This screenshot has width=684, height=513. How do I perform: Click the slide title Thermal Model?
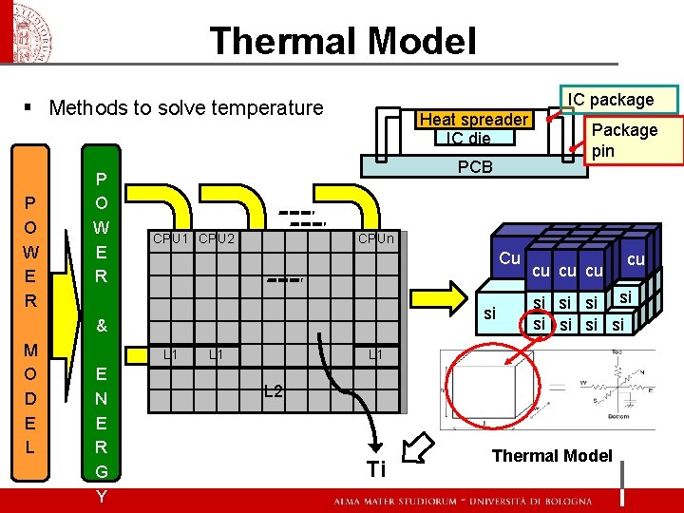tap(342, 41)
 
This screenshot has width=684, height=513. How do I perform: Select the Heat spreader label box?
tap(473, 120)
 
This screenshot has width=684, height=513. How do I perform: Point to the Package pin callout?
tap(624, 140)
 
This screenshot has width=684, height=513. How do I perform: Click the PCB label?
tap(475, 166)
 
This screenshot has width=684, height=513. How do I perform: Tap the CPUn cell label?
tap(376, 238)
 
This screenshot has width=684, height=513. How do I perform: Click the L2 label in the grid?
tap(273, 391)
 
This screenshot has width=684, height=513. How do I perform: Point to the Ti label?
tap(376, 468)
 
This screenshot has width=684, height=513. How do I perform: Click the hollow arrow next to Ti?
tap(416, 446)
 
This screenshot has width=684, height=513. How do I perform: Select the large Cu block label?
tap(509, 258)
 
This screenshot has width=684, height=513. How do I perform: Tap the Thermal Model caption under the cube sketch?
tap(551, 456)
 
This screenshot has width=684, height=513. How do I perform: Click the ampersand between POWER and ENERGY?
tap(102, 326)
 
